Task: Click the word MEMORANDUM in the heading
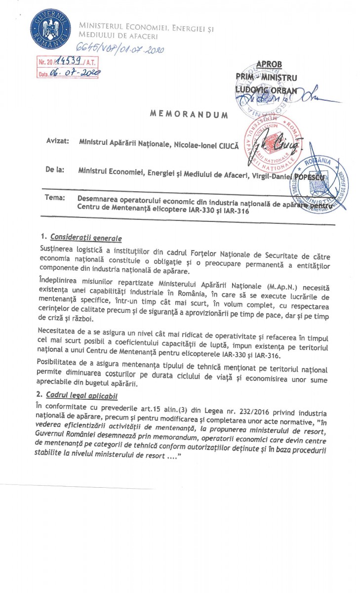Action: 189,115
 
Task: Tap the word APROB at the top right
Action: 270,65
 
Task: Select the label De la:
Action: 55,169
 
